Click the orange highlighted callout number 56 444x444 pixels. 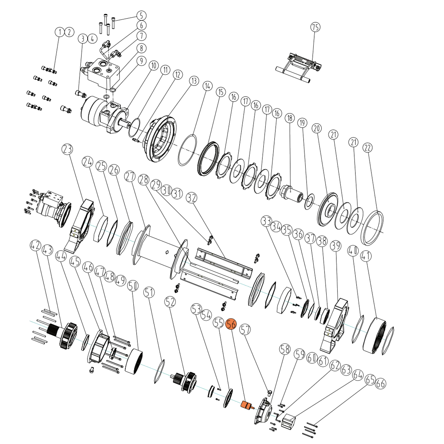pyautogui.click(x=231, y=324)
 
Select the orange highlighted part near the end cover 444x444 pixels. pyautogui.click(x=246, y=405)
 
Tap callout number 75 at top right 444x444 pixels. pyautogui.click(x=315, y=27)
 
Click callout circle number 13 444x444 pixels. pyautogui.click(x=194, y=81)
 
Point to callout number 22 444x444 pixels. pyautogui.click(x=368, y=147)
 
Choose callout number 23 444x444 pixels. pyautogui.click(x=67, y=149)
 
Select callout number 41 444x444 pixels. pyautogui.click(x=366, y=255)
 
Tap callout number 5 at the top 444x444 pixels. pyautogui.click(x=141, y=15)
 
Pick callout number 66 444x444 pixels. pyautogui.click(x=381, y=384)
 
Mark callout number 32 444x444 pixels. pyautogui.click(x=192, y=197)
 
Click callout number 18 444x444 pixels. pyautogui.click(x=290, y=118)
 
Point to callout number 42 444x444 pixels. pyautogui.click(x=36, y=245)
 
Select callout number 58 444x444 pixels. pyautogui.click(x=285, y=349)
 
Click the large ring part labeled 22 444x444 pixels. pyautogui.click(x=373, y=228)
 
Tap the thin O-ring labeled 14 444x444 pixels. pyautogui.click(x=187, y=150)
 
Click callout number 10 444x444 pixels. pyautogui.click(x=154, y=65)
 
